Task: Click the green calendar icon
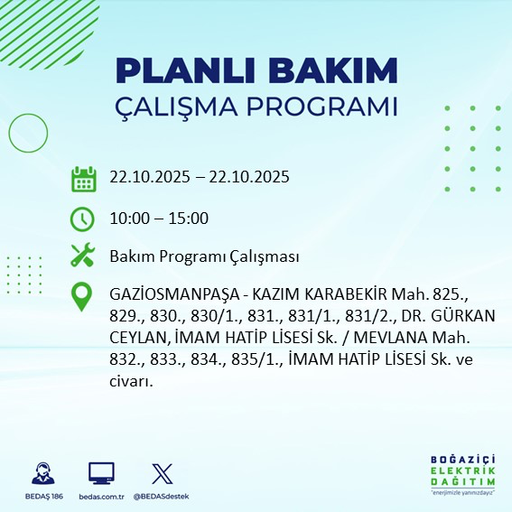83,178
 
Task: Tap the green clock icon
83,219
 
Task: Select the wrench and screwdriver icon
83,256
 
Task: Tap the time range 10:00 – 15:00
159,219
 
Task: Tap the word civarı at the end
131,380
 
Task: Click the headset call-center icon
42,473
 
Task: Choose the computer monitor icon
101,473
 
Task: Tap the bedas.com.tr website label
101,497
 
